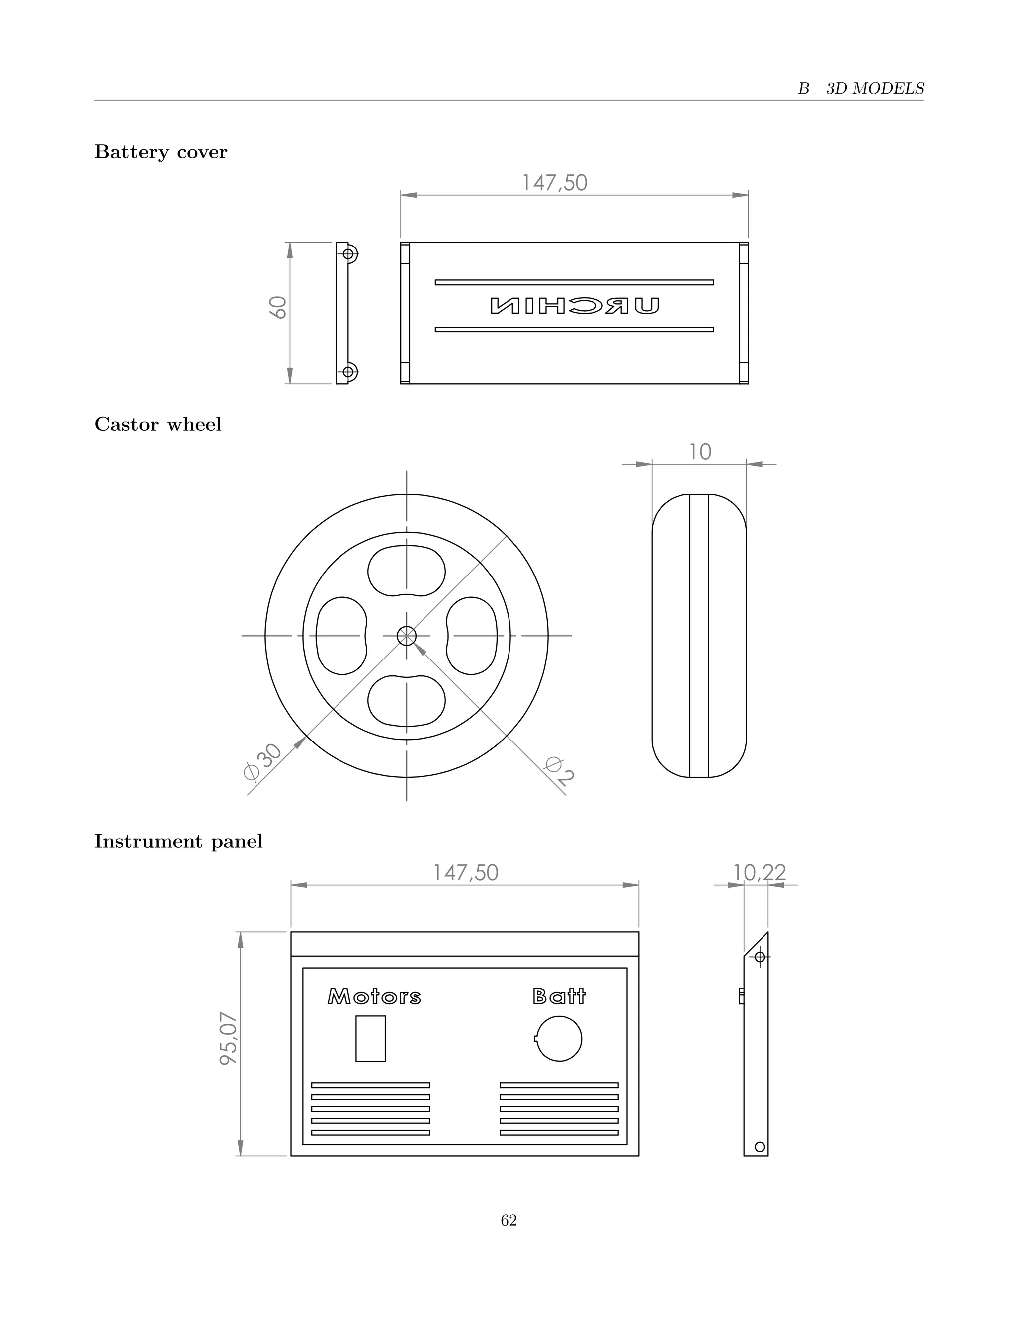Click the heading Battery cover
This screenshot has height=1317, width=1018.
pyautogui.click(x=161, y=152)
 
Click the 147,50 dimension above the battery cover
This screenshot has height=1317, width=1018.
pyautogui.click(x=554, y=183)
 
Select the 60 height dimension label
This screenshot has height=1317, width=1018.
pyautogui.click(x=278, y=307)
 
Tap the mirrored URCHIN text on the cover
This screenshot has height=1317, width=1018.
pyautogui.click(x=575, y=306)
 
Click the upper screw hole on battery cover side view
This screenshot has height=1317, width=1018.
pyautogui.click(x=348, y=254)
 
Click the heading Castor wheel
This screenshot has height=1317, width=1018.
pyautogui.click(x=158, y=424)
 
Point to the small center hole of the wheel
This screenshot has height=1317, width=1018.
pyautogui.click(x=407, y=636)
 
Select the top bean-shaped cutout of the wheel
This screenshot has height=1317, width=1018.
pyautogui.click(x=407, y=570)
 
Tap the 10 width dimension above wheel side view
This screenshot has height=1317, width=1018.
pyautogui.click(x=700, y=452)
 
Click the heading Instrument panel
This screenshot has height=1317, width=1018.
pyautogui.click(x=178, y=841)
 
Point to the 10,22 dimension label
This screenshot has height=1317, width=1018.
pyautogui.click(x=760, y=873)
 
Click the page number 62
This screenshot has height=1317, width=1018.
pyautogui.click(x=509, y=1221)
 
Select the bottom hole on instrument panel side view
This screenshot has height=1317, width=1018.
pyautogui.click(x=760, y=1147)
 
